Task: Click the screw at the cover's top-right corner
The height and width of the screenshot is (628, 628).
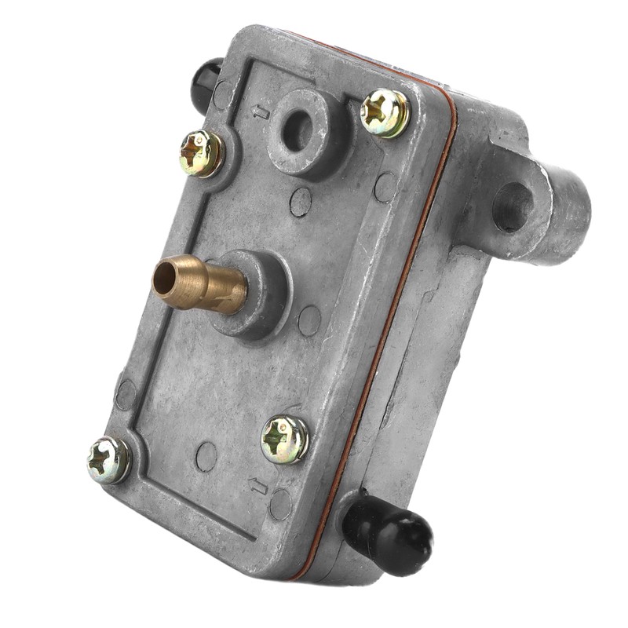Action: [x=385, y=113]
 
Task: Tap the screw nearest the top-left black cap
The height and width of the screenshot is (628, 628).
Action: [x=200, y=152]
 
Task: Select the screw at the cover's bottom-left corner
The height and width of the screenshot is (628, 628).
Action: [x=108, y=458]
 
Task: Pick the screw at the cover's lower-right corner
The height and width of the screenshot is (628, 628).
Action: [x=284, y=439]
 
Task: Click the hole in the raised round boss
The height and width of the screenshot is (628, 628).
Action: [x=298, y=130]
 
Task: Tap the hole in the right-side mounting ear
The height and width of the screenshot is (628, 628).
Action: [x=514, y=206]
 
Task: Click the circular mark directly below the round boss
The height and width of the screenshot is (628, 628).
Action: [x=301, y=202]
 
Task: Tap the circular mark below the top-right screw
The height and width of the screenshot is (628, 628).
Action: [x=385, y=187]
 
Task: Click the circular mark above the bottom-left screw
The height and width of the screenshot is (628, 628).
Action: [x=126, y=393]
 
